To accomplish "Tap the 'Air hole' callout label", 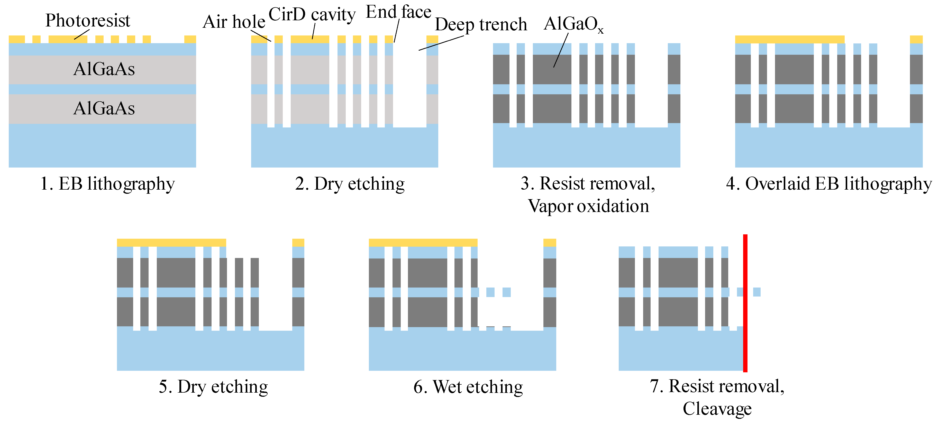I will coord(234,22).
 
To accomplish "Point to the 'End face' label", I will coord(398,12).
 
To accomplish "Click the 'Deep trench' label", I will coord(481,24).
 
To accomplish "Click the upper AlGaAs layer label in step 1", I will coord(104,69).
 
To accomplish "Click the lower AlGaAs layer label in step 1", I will coord(104,108).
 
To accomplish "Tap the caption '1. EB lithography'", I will coord(107,183).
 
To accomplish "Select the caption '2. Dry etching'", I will coord(350,183).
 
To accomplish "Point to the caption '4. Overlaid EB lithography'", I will coord(828,183).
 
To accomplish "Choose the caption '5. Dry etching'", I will coord(213,386).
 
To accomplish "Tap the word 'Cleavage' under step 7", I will coord(717,408).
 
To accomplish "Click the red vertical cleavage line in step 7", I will coord(745,302).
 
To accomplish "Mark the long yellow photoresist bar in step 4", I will coord(790,39).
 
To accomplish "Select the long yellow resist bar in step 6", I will coord(423,242).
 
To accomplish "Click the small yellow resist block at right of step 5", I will coord(298,242).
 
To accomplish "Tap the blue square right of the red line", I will coord(757,292).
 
